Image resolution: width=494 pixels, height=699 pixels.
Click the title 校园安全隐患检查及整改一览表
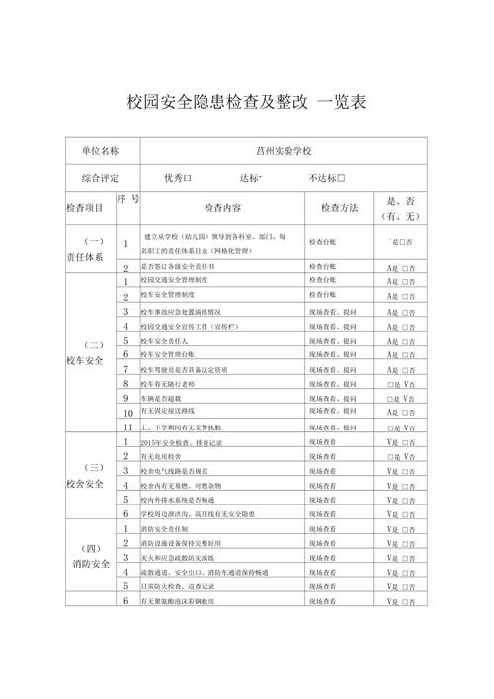click(x=233, y=101)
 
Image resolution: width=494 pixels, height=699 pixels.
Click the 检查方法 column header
click(x=336, y=208)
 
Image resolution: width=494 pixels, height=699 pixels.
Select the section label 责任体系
click(x=87, y=254)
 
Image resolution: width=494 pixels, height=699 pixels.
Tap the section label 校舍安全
click(x=87, y=483)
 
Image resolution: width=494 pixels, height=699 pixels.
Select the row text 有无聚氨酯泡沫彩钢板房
click(x=184, y=601)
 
